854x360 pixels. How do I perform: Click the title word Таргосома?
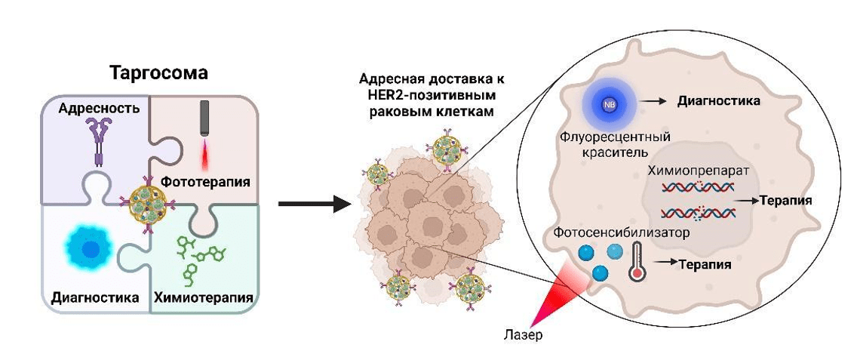click(x=158, y=73)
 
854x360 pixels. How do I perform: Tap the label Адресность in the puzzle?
click(x=100, y=108)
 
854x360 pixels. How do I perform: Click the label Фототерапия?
click(x=205, y=182)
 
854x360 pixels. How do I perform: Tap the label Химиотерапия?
click(x=202, y=297)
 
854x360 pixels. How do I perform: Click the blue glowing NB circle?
click(x=610, y=104)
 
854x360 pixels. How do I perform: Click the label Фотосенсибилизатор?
click(x=621, y=232)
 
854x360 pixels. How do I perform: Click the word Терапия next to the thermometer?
click(x=705, y=265)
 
